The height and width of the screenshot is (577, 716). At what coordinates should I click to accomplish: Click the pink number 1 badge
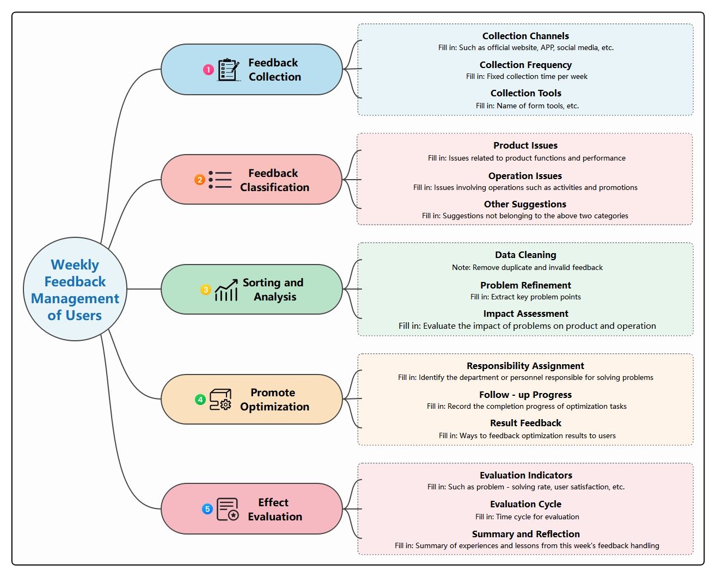(209, 70)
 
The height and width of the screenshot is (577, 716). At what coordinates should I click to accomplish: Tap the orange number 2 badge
(200, 180)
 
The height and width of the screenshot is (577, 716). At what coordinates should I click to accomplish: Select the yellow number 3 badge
(206, 290)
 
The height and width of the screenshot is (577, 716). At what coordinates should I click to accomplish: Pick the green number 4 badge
(200, 400)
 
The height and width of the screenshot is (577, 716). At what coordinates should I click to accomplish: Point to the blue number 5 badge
(207, 509)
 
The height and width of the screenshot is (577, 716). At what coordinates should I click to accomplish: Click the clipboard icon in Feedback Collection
(228, 70)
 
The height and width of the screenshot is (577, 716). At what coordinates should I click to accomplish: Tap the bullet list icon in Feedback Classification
(220, 180)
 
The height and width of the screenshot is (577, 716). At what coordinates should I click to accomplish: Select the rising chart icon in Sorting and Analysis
(227, 290)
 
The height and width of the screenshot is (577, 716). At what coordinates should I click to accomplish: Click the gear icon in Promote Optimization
(225, 404)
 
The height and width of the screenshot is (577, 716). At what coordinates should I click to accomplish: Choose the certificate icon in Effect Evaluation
(228, 509)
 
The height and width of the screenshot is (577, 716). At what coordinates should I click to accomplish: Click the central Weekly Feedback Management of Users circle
(75, 289)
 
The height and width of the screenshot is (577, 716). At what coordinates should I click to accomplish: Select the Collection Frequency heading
(525, 65)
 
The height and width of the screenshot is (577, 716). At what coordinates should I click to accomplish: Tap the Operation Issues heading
(525, 176)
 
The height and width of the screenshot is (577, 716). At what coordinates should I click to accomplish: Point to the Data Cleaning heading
(525, 255)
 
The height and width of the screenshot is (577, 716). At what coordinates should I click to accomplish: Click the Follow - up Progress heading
(525, 395)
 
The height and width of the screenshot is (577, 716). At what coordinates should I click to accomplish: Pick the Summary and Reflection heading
(525, 534)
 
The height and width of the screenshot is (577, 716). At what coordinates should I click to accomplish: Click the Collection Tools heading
(525, 93)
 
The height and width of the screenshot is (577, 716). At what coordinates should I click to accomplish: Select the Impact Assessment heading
(525, 314)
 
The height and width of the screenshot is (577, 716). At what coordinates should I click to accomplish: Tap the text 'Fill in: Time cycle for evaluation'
(527, 517)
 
